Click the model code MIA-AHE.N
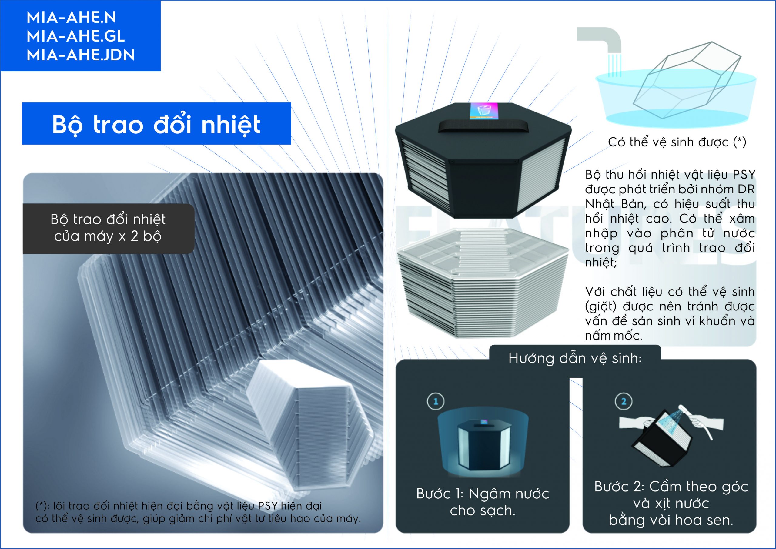click(x=71, y=18)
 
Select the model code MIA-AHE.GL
click(x=76, y=36)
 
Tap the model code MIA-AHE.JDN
click(x=81, y=55)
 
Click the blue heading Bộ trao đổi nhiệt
click(x=156, y=124)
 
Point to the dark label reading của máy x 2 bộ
click(x=108, y=236)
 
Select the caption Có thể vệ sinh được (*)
click(x=677, y=142)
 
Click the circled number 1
click(x=436, y=401)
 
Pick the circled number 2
click(x=624, y=401)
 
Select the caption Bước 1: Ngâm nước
click(x=483, y=494)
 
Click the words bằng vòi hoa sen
click(x=671, y=520)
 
